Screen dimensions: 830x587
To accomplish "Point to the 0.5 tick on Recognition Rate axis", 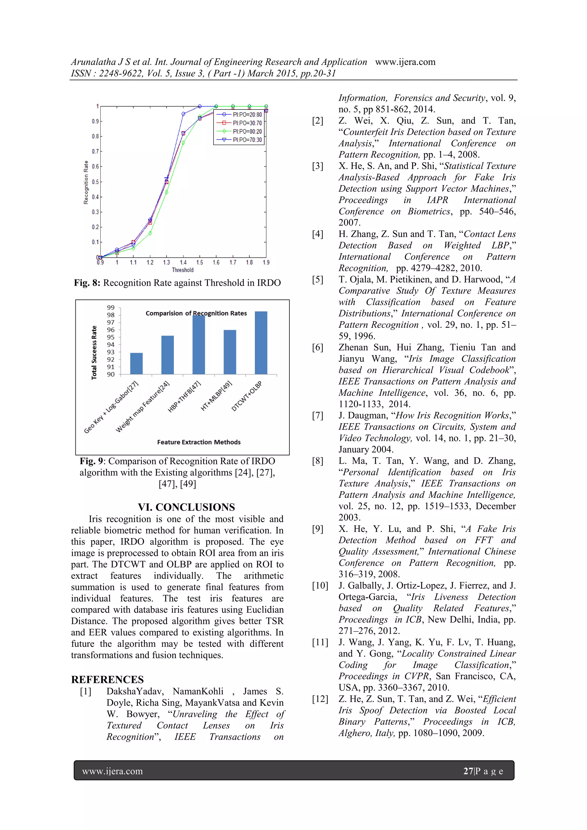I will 95,182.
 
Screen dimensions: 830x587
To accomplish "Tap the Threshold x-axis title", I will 183,270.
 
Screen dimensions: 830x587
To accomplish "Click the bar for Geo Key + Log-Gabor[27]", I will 136,363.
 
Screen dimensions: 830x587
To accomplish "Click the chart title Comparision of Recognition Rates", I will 196,314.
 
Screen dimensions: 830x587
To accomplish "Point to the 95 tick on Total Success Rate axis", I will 111,337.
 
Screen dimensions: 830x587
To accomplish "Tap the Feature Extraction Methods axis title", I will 199,442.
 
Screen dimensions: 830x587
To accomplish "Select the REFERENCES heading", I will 107,679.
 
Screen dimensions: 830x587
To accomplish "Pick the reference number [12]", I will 320,699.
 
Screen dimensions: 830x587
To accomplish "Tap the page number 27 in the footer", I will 468,771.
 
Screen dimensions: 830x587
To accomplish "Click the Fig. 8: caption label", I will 87,283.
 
